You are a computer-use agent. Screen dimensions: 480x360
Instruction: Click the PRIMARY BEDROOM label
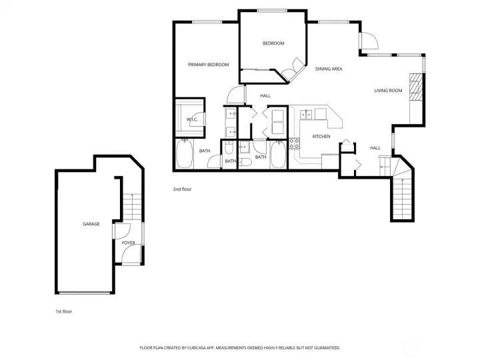[209, 65]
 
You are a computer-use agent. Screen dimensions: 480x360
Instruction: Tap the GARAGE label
[91, 224]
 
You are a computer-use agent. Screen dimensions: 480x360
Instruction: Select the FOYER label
[128, 243]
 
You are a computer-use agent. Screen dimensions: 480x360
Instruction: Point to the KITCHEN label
[321, 137]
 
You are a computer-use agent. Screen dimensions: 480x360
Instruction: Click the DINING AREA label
[329, 69]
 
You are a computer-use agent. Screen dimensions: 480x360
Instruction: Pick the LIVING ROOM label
[388, 91]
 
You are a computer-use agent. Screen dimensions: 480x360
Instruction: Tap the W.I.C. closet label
[192, 119]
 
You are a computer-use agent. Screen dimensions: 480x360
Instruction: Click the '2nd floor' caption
[182, 189]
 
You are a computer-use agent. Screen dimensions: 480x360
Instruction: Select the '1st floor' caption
[64, 311]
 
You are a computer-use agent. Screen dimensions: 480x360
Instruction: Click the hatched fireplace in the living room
[416, 87]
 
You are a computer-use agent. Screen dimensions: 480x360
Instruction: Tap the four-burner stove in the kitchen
[295, 144]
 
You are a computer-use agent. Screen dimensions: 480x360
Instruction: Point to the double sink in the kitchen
[306, 115]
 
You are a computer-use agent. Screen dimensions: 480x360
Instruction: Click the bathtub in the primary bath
[184, 154]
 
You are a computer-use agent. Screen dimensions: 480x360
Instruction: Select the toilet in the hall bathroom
[245, 162]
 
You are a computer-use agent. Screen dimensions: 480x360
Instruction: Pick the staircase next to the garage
[132, 207]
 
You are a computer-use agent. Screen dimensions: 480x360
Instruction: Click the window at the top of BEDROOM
[272, 11]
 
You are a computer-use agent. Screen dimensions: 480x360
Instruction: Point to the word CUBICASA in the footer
[196, 348]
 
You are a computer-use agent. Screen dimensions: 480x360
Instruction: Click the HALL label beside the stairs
[375, 148]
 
